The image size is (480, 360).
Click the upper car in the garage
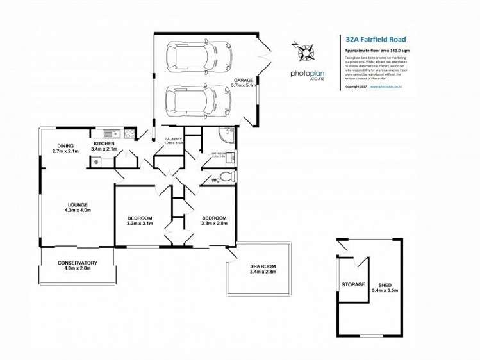191,56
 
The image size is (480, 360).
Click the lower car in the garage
191,99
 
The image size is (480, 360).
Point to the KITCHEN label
104,143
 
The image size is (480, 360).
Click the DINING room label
65,145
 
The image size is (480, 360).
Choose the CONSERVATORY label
77,263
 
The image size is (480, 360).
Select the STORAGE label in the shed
353,284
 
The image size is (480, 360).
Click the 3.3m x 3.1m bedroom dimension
139,224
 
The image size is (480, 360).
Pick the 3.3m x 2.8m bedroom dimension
213,224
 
